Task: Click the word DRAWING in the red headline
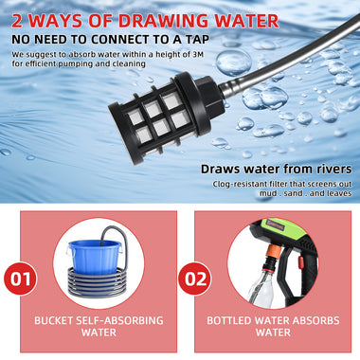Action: (163, 21)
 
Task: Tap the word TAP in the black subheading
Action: (197, 40)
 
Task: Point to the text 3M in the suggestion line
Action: (198, 54)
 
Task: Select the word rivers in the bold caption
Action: (333, 169)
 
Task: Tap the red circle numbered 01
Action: (21, 279)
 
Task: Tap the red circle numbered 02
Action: (195, 279)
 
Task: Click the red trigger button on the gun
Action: (301, 262)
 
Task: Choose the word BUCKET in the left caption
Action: (53, 320)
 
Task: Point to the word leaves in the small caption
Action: (339, 193)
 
